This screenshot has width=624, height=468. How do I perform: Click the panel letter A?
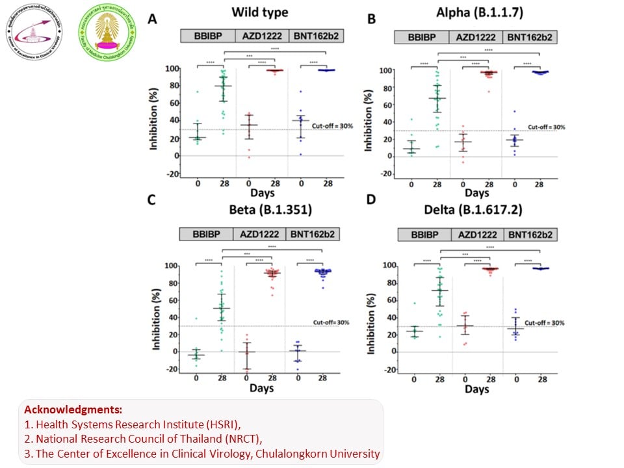152,19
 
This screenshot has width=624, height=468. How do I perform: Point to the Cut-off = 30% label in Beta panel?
331,322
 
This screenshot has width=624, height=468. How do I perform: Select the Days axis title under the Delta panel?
476,389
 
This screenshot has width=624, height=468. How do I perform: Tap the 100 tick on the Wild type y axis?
173,69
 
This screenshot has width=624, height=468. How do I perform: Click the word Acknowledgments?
73,411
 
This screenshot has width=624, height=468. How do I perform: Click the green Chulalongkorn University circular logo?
107,31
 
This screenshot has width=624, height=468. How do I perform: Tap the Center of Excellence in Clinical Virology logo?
33,31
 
